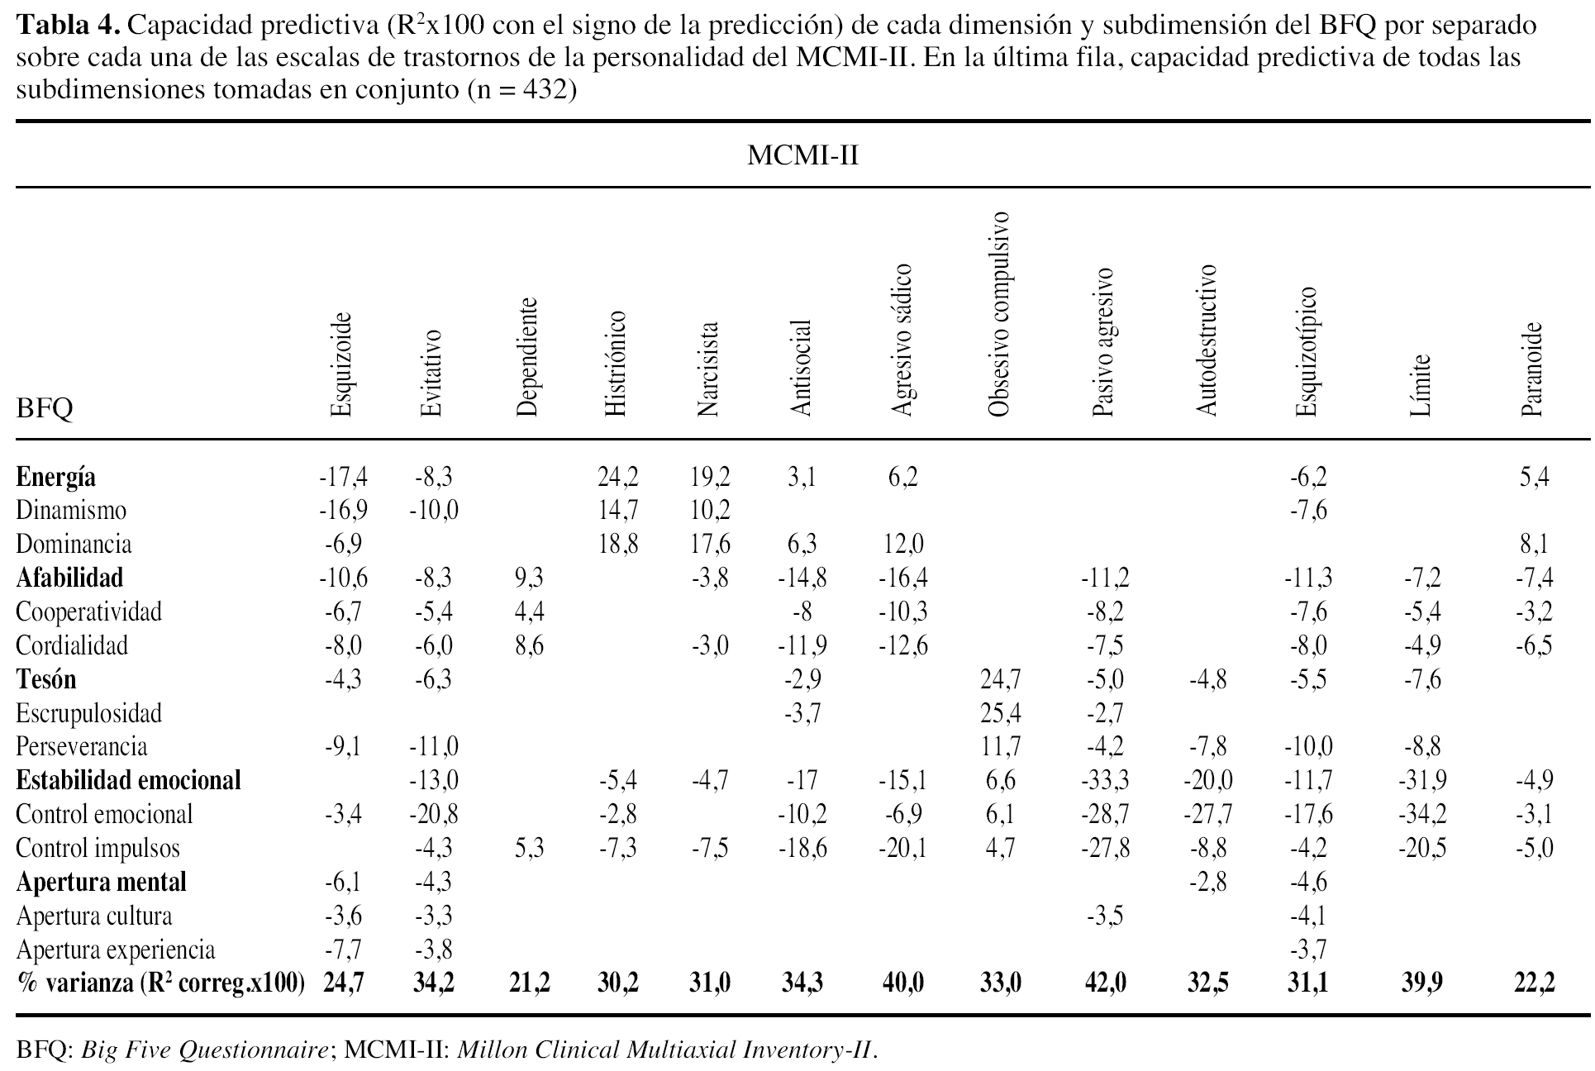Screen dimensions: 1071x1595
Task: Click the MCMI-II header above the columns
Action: [802, 155]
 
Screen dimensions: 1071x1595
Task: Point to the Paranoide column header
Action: [1532, 369]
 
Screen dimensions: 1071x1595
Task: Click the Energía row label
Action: [56, 477]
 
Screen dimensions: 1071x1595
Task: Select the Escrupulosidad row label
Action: [88, 712]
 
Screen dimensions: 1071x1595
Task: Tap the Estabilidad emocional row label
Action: [128, 780]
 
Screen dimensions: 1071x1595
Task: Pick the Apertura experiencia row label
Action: [115, 950]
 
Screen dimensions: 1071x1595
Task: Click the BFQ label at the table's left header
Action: [45, 408]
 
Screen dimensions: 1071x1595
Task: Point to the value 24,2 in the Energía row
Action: [617, 477]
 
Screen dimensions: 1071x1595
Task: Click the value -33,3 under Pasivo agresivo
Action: [1104, 780]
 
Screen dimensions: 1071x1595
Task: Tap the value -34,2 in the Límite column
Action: [1421, 814]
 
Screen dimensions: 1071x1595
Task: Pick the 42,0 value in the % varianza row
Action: [1104, 983]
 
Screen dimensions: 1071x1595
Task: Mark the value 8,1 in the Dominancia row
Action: [1535, 544]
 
